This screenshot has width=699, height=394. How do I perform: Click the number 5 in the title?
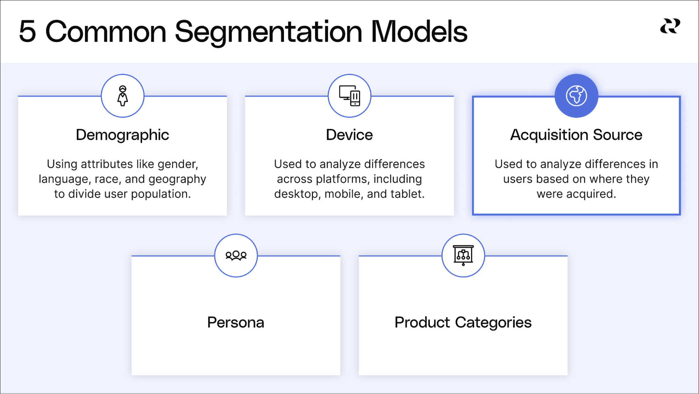point(27,31)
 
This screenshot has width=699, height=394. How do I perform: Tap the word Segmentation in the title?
point(269,32)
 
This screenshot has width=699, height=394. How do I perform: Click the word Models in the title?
point(419,31)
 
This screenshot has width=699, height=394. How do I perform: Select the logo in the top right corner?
point(670,26)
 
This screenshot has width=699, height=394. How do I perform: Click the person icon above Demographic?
point(122,96)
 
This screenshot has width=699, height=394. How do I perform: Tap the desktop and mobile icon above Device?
point(349,96)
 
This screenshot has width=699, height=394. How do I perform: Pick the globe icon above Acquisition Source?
point(576,96)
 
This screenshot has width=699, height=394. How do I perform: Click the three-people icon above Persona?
point(236,255)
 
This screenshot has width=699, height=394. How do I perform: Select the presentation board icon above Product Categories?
point(463,255)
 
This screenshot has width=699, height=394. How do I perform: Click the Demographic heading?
point(122,135)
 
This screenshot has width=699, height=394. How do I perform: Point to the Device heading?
point(349,135)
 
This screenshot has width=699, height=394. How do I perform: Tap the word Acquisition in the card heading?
point(549,135)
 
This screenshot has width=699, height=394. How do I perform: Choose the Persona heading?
point(236,322)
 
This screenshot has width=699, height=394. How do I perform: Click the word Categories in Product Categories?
point(493,322)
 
